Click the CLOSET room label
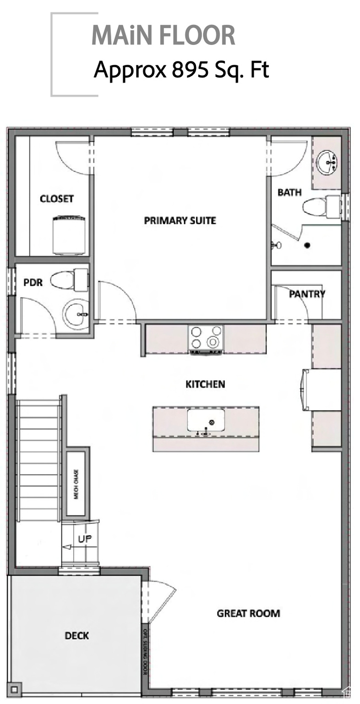[57, 199]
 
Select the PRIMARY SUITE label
[180, 220]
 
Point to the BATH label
[289, 192]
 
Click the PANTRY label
[307, 294]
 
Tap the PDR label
[33, 282]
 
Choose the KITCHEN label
[205, 384]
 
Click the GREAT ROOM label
[248, 613]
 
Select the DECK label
[76, 636]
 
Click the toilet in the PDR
[69, 280]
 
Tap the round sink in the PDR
[76, 314]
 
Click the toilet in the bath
[321, 206]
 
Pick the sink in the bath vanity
[328, 161]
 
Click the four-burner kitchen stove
[206, 338]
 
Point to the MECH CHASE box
[76, 484]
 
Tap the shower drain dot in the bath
[307, 245]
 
